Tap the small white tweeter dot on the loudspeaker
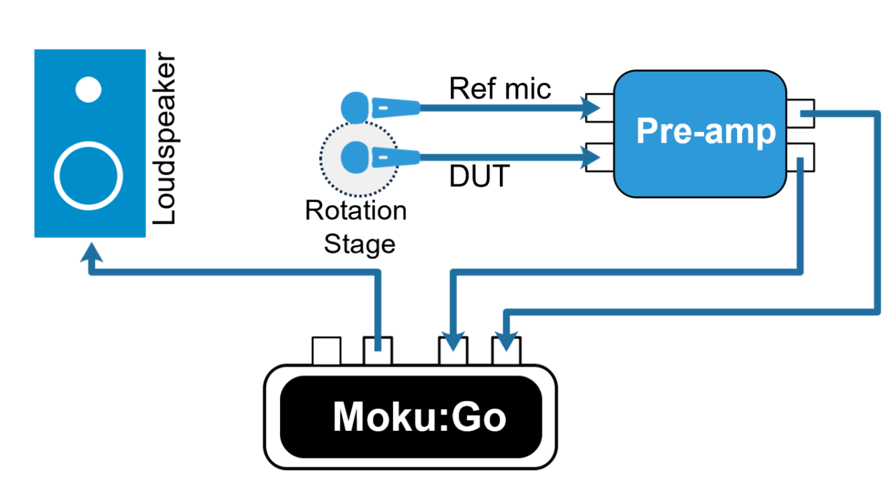click(x=89, y=89)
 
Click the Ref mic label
click(x=499, y=89)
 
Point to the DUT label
click(x=479, y=176)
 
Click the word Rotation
click(x=356, y=210)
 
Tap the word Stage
click(x=359, y=244)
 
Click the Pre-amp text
click(x=705, y=131)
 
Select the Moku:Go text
click(x=419, y=416)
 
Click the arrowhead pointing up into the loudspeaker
click(x=91, y=253)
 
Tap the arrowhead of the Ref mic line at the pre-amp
click(x=592, y=107)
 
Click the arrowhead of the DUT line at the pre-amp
click(x=592, y=157)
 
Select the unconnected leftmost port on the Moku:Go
click(x=327, y=351)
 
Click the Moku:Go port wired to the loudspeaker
click(x=378, y=351)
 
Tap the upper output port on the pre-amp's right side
click(x=801, y=113)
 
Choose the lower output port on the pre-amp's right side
click(x=801, y=158)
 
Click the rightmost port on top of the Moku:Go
click(x=506, y=351)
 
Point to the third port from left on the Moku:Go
click(x=452, y=351)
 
